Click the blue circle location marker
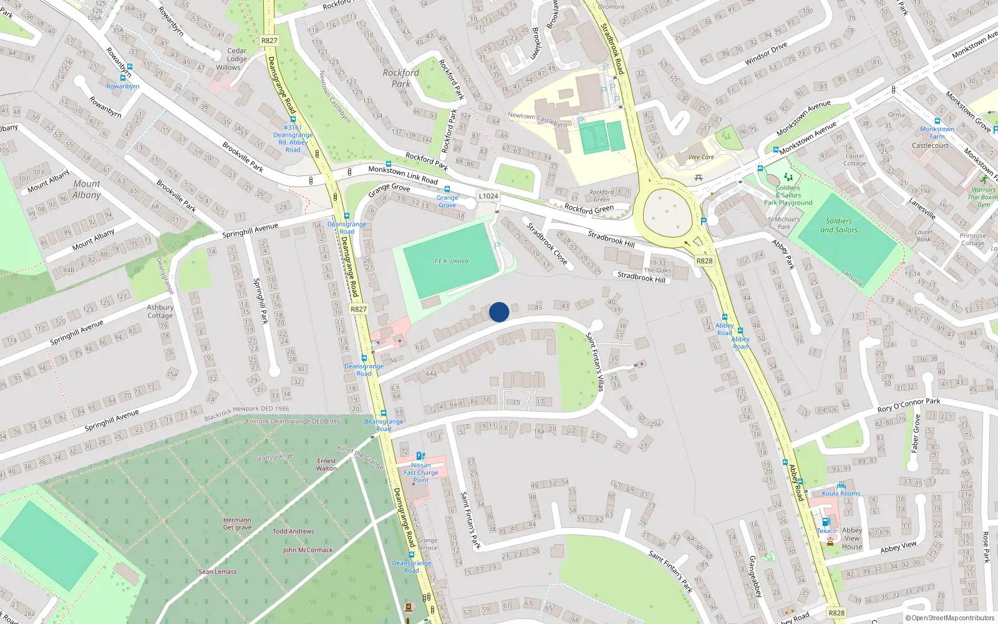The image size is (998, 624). click(499, 312)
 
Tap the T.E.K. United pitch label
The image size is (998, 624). click(451, 261)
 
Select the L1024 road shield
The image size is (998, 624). click(488, 196)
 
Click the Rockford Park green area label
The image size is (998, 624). click(400, 78)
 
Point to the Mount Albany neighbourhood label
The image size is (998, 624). click(87, 189)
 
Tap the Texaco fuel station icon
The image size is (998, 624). click(826, 522)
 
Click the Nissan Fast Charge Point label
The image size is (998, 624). click(421, 472)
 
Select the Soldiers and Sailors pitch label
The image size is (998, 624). click(838, 225)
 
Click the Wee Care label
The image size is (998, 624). click(701, 157)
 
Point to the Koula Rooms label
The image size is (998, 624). click(841, 494)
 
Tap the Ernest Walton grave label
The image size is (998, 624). click(326, 464)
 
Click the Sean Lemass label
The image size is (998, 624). click(218, 572)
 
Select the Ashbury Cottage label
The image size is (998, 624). click(160, 311)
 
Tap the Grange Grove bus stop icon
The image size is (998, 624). click(447, 189)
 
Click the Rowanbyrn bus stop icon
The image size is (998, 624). click(123, 78)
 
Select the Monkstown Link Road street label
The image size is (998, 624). click(403, 174)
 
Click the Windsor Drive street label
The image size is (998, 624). click(766, 54)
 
